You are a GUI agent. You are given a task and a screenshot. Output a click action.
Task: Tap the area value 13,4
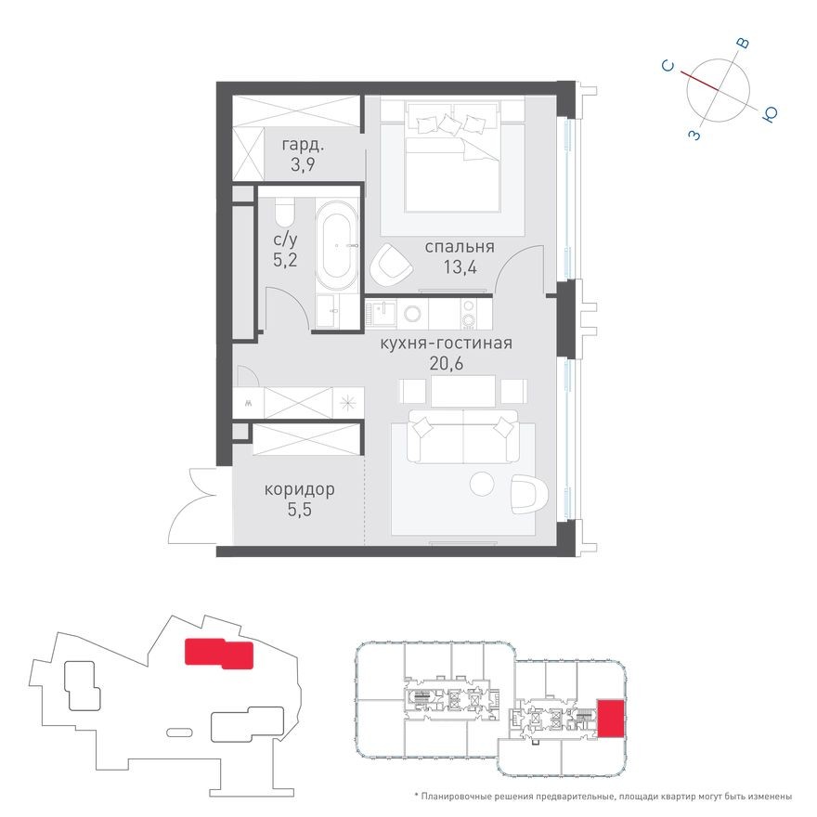[x=459, y=268]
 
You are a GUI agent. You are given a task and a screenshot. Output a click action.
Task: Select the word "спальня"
[x=459, y=247]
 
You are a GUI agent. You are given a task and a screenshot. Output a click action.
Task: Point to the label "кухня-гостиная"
[x=446, y=344]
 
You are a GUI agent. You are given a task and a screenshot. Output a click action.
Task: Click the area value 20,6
[x=446, y=364]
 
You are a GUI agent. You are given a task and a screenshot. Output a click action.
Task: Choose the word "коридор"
[x=299, y=489]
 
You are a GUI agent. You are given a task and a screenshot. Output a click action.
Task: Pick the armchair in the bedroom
[x=391, y=266]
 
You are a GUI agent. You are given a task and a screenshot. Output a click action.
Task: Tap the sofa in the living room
[x=463, y=442]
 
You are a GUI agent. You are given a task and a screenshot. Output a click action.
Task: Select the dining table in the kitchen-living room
[x=461, y=391]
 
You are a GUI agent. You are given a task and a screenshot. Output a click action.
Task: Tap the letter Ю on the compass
[x=770, y=113]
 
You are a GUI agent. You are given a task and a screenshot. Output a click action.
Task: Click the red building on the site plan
[x=217, y=653]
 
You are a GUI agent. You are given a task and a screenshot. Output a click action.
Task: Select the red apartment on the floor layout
[x=610, y=718]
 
